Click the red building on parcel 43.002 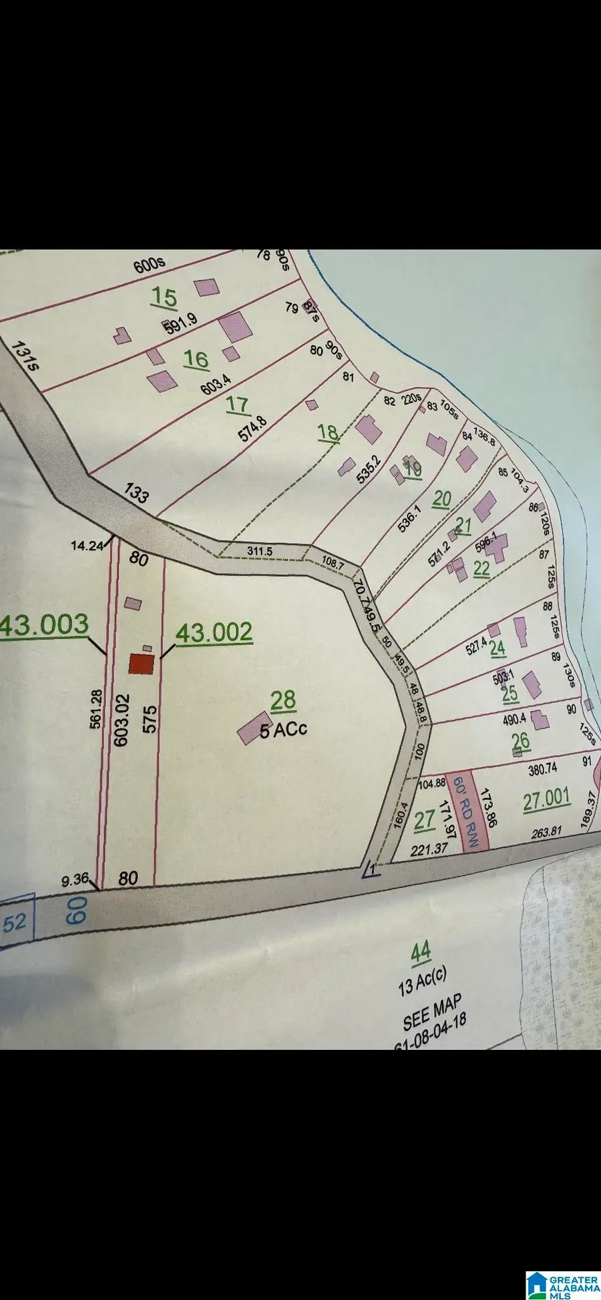click(142, 664)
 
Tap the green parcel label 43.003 click(44, 625)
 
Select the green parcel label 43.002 click(214, 632)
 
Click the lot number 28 click(283, 700)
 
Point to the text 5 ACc click(283, 729)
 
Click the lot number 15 click(164, 297)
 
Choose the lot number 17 click(237, 404)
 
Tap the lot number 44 click(421, 952)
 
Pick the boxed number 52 click(15, 922)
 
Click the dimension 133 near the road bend click(137, 494)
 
